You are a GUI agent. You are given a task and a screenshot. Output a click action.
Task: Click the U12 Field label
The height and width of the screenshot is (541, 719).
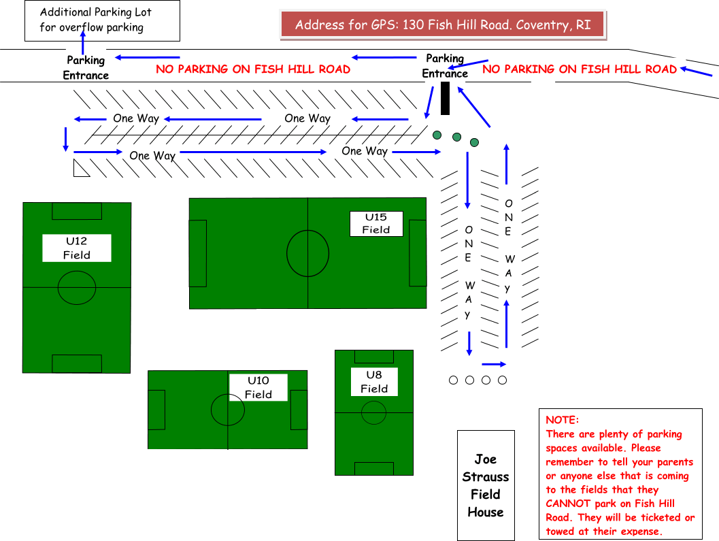pos(76,248)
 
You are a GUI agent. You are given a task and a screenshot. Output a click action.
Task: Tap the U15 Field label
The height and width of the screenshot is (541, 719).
pos(376,223)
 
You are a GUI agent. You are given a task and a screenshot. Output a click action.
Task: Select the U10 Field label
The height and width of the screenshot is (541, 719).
pos(258,387)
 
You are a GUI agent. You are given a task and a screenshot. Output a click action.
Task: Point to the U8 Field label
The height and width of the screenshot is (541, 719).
pos(374,382)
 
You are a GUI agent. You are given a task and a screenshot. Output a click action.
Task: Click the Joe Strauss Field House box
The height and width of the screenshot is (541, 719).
pos(486,485)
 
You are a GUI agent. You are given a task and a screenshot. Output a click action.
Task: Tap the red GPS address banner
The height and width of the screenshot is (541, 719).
pos(442,25)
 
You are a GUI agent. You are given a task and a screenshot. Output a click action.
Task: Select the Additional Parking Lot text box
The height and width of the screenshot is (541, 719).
pos(102,20)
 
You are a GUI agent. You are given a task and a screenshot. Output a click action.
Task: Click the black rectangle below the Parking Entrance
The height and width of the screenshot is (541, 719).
pos(446,98)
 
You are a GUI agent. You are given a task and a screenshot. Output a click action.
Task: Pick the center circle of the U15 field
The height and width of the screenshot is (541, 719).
pos(308,253)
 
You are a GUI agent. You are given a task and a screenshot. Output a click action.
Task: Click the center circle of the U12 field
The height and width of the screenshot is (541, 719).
pos(77,288)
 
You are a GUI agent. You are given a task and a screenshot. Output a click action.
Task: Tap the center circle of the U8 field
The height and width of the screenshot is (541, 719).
pos(373,412)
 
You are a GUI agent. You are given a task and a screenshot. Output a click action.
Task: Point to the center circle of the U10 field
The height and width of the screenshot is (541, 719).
pos(227,410)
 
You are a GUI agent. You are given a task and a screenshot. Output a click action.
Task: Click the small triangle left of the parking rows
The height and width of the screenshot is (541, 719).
pos(80,169)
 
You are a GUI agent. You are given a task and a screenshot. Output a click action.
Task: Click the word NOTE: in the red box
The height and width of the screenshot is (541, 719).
pos(562,420)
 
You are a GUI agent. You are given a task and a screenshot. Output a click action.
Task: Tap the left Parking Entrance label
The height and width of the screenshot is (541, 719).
pos(86,68)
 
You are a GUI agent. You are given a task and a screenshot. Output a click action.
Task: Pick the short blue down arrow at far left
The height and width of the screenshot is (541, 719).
pos(66,139)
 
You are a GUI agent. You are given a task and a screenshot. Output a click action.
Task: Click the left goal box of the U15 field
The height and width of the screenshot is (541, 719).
pos(198,253)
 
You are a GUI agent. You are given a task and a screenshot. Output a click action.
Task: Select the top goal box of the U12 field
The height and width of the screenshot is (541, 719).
pos(77,211)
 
